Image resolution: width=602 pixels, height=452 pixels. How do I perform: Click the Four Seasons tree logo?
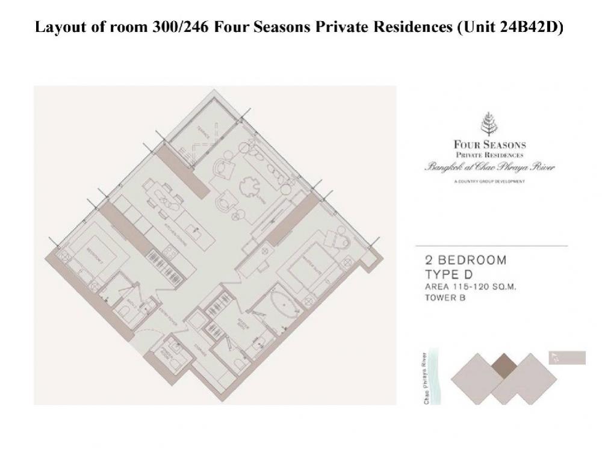click(x=489, y=124)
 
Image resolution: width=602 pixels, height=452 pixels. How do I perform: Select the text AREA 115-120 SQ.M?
click(x=471, y=286)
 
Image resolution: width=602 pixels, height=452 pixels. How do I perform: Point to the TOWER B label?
click(x=446, y=297)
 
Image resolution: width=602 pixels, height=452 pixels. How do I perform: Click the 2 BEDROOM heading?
click(x=466, y=261)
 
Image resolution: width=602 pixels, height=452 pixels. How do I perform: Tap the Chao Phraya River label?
click(x=426, y=378)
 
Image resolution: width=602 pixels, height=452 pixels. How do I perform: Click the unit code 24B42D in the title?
click(x=528, y=28)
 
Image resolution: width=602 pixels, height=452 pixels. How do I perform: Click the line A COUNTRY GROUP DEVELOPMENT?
click(x=489, y=181)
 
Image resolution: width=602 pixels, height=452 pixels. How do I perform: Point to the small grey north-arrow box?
click(x=567, y=358)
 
